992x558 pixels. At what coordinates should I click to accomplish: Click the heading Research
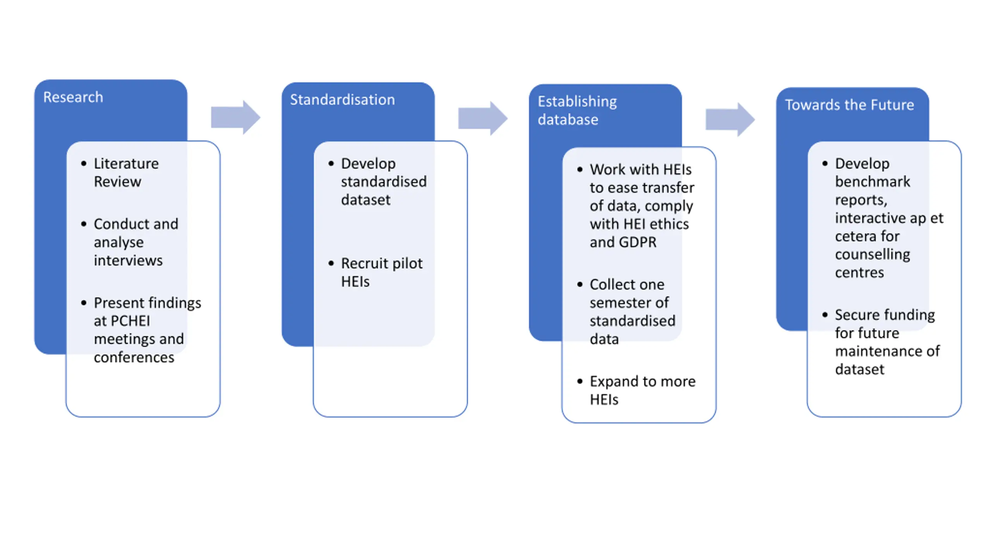coord(73,97)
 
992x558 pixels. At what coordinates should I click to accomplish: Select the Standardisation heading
coord(343,100)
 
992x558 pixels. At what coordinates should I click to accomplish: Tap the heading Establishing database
coord(577,110)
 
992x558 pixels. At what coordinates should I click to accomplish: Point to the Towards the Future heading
coord(849,105)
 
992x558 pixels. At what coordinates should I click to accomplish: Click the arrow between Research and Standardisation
coord(236,117)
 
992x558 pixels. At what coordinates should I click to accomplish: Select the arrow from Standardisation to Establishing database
coord(483,118)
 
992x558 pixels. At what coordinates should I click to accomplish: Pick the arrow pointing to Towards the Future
coord(730,119)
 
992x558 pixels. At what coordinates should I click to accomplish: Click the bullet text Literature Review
coord(126,172)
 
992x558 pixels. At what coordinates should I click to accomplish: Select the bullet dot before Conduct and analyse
coord(84,224)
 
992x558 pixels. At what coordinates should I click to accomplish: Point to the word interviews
coord(128,260)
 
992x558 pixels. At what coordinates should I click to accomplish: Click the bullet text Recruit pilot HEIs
coord(382,272)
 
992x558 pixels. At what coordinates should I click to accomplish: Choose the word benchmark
coord(873,181)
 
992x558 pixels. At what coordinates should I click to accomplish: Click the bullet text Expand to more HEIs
coord(642,391)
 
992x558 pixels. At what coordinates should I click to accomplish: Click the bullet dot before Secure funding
coord(825,315)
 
